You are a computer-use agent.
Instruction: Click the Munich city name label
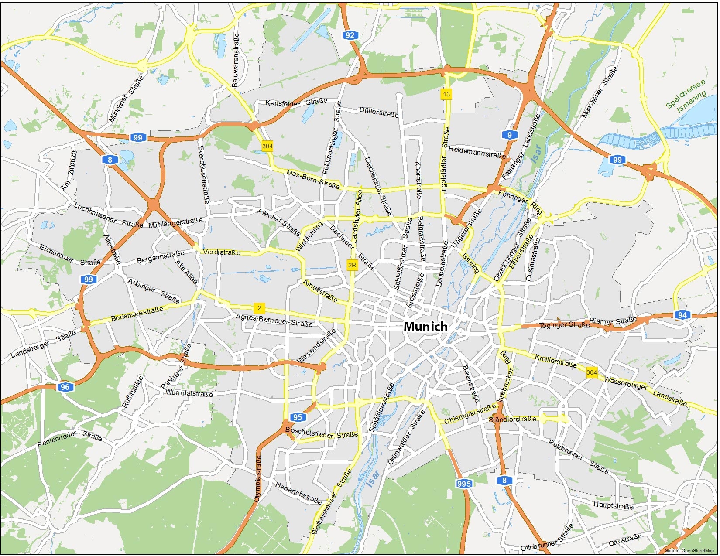[x=425, y=327]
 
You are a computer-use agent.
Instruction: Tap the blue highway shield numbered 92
[x=350, y=35]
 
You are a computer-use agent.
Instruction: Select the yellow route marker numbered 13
[x=446, y=94]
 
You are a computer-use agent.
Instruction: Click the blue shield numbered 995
[x=464, y=483]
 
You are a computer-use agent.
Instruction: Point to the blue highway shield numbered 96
[x=65, y=387]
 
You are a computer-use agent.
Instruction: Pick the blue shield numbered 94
[x=682, y=315]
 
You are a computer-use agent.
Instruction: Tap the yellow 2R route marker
[x=352, y=265]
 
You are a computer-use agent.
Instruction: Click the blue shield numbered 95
[x=298, y=417]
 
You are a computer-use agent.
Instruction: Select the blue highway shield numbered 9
[x=509, y=135]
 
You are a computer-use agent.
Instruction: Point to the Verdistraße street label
[x=222, y=252]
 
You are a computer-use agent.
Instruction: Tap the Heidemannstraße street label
[x=477, y=152]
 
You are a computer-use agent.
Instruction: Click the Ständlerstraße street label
[x=512, y=420]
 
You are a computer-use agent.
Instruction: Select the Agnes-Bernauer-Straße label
[x=274, y=320]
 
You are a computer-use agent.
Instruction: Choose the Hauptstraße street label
[x=613, y=505]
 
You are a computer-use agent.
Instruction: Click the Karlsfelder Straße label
[x=296, y=102]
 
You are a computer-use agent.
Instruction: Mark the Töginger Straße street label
[x=564, y=325]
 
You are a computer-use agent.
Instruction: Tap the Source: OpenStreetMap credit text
[x=689, y=551]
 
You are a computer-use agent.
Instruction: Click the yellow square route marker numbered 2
[x=259, y=308]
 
